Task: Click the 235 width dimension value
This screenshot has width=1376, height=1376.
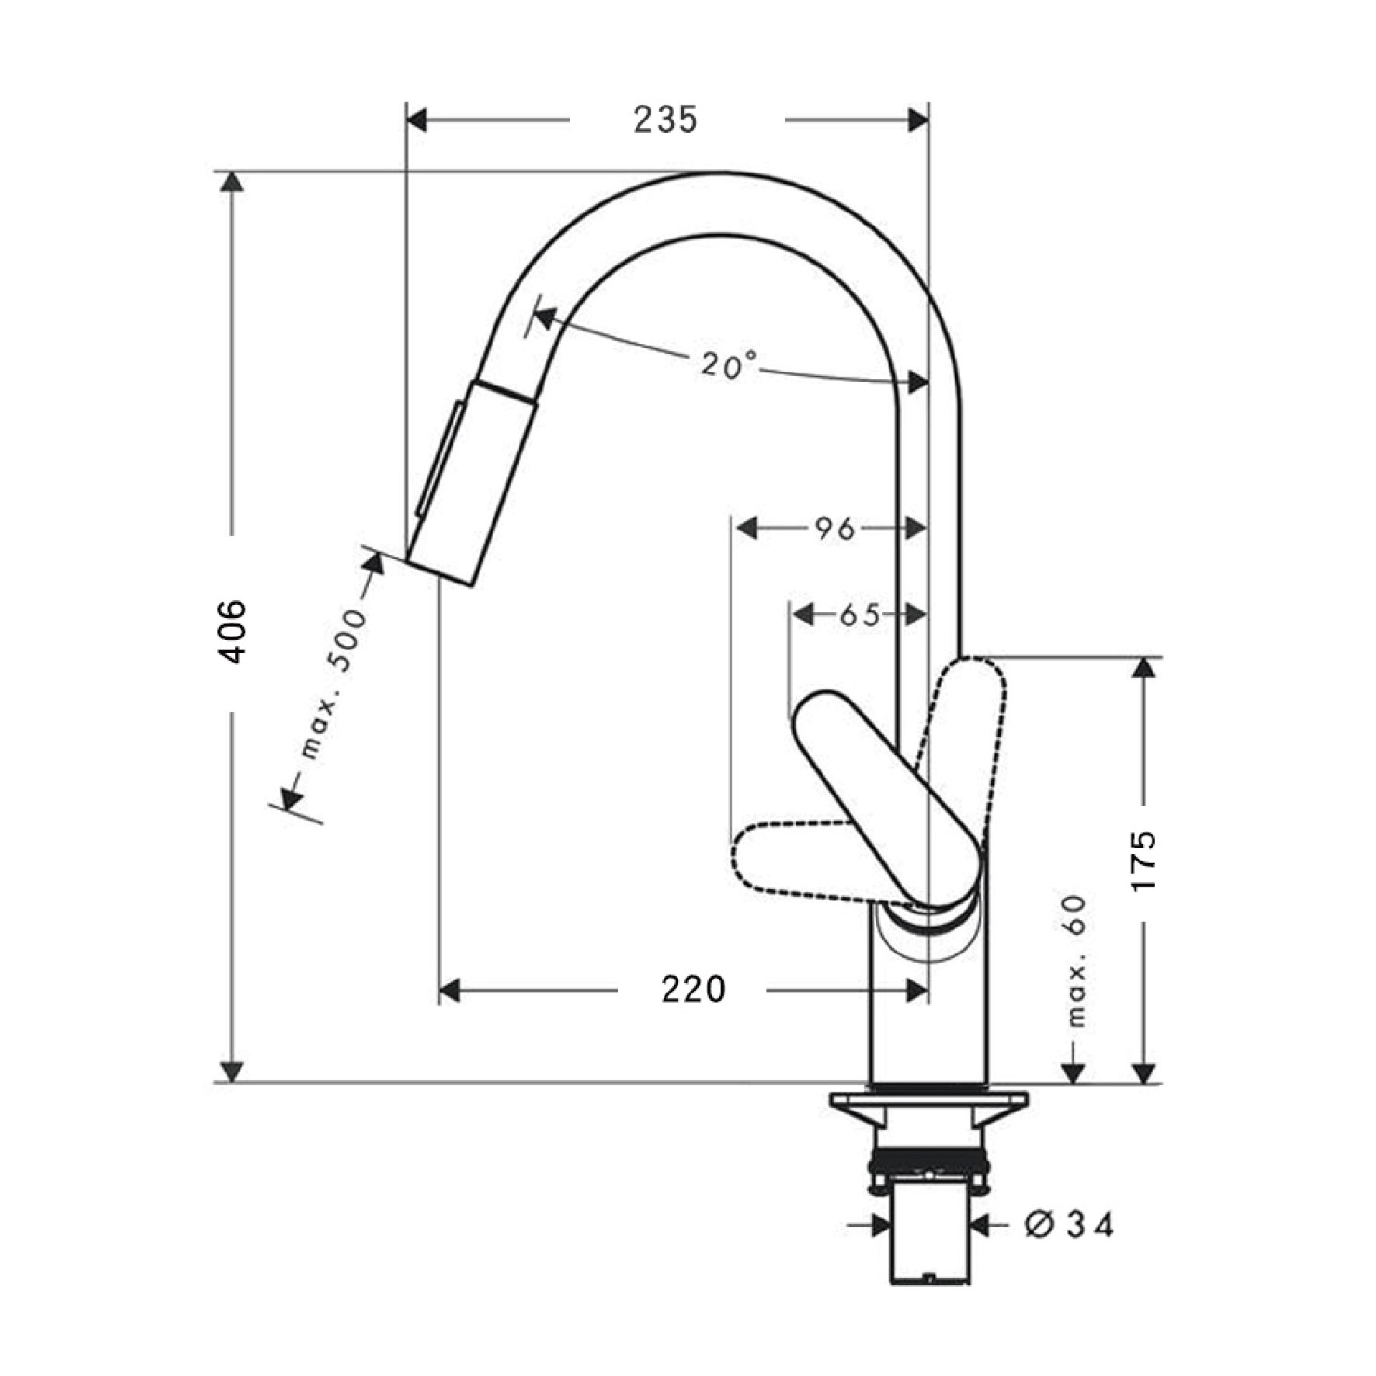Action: pos(665,120)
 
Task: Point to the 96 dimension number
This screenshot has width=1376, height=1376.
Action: pos(834,530)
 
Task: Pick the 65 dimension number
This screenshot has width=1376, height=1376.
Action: pos(860,616)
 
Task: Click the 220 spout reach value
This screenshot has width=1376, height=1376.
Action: pos(693,989)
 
